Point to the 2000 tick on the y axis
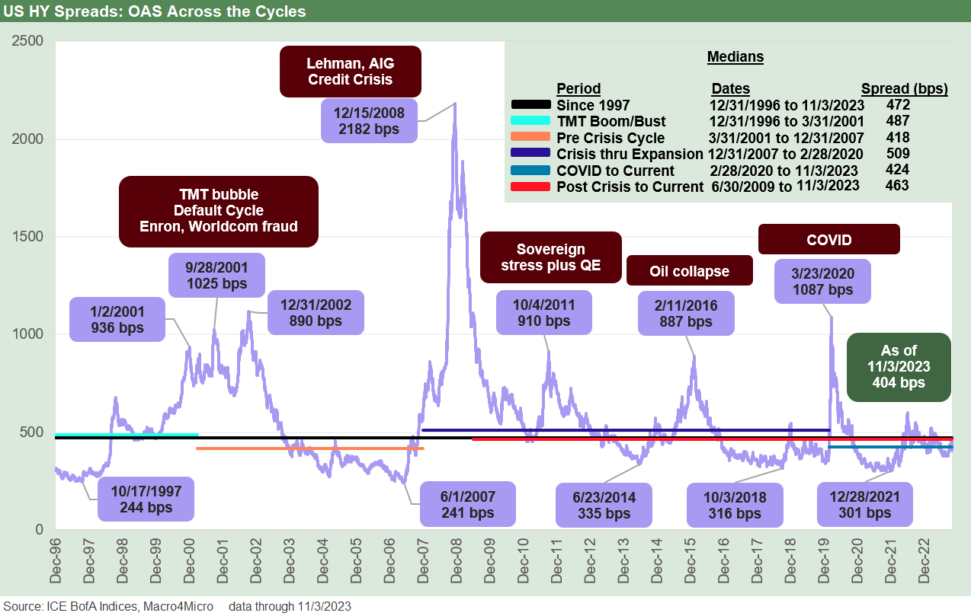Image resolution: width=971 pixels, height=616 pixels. (28, 139)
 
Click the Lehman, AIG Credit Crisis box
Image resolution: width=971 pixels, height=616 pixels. (351, 72)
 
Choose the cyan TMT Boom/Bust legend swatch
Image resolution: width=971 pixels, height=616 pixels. (533, 121)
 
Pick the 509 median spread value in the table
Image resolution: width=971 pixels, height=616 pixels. (897, 155)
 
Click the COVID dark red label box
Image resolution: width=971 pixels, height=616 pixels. (828, 239)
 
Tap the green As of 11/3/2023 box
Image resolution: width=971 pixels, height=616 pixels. (899, 366)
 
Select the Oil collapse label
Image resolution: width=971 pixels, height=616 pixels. (689, 271)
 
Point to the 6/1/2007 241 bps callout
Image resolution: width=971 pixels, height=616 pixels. (468, 504)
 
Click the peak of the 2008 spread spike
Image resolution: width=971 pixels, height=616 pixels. (455, 104)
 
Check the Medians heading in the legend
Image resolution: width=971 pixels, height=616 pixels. (735, 57)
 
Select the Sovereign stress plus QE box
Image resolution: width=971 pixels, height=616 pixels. (550, 257)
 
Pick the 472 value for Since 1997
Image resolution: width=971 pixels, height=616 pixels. (897, 104)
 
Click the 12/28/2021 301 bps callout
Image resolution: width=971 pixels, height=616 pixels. (864, 504)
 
